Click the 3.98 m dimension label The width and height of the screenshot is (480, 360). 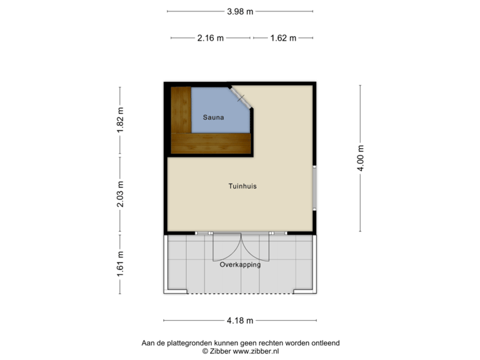(240, 11)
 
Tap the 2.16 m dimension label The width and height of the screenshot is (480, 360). (211, 38)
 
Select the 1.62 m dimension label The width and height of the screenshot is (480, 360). (283, 38)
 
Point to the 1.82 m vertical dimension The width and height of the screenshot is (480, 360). (121, 121)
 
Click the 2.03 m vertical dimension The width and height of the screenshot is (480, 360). (121, 195)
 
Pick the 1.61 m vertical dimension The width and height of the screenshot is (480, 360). (121, 264)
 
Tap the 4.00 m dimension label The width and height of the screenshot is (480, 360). (361, 158)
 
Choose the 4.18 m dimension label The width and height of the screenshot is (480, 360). (240, 321)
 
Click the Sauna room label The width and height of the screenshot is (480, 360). (213, 117)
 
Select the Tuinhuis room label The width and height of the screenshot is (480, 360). (241, 187)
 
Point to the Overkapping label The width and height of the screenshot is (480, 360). (240, 265)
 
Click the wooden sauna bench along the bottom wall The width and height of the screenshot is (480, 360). (210, 142)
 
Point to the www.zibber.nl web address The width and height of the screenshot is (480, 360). (256, 351)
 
